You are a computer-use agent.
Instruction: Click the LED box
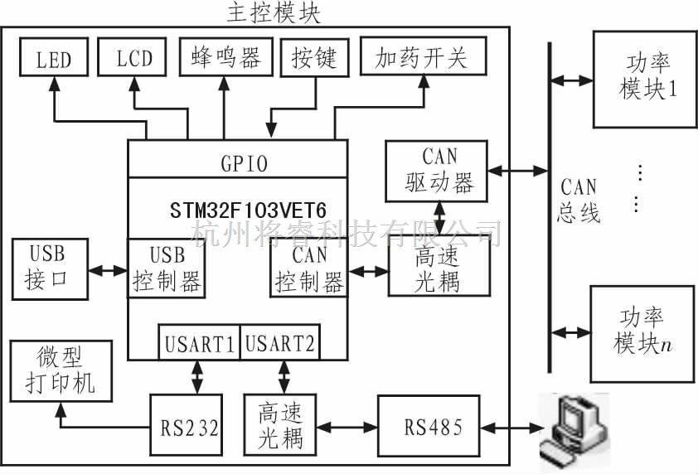point(54,59)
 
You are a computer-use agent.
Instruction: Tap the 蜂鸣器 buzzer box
point(225,57)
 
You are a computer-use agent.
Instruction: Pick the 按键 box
point(314,57)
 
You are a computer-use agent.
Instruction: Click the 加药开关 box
point(422,57)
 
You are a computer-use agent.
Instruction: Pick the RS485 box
point(429,427)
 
